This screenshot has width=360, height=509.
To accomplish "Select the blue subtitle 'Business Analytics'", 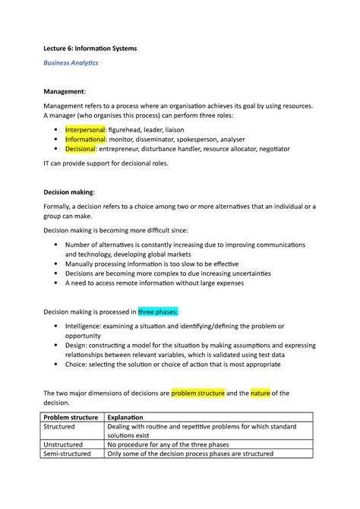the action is tap(70, 63).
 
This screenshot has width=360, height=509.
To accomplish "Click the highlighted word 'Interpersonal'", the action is tap(84, 130).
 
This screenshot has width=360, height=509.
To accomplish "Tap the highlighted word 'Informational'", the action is tap(85, 140).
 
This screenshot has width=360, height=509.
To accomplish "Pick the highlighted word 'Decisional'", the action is tap(80, 150).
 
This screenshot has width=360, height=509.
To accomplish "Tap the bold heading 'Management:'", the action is tap(65, 91).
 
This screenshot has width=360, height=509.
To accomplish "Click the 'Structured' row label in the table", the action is tap(63, 428).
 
